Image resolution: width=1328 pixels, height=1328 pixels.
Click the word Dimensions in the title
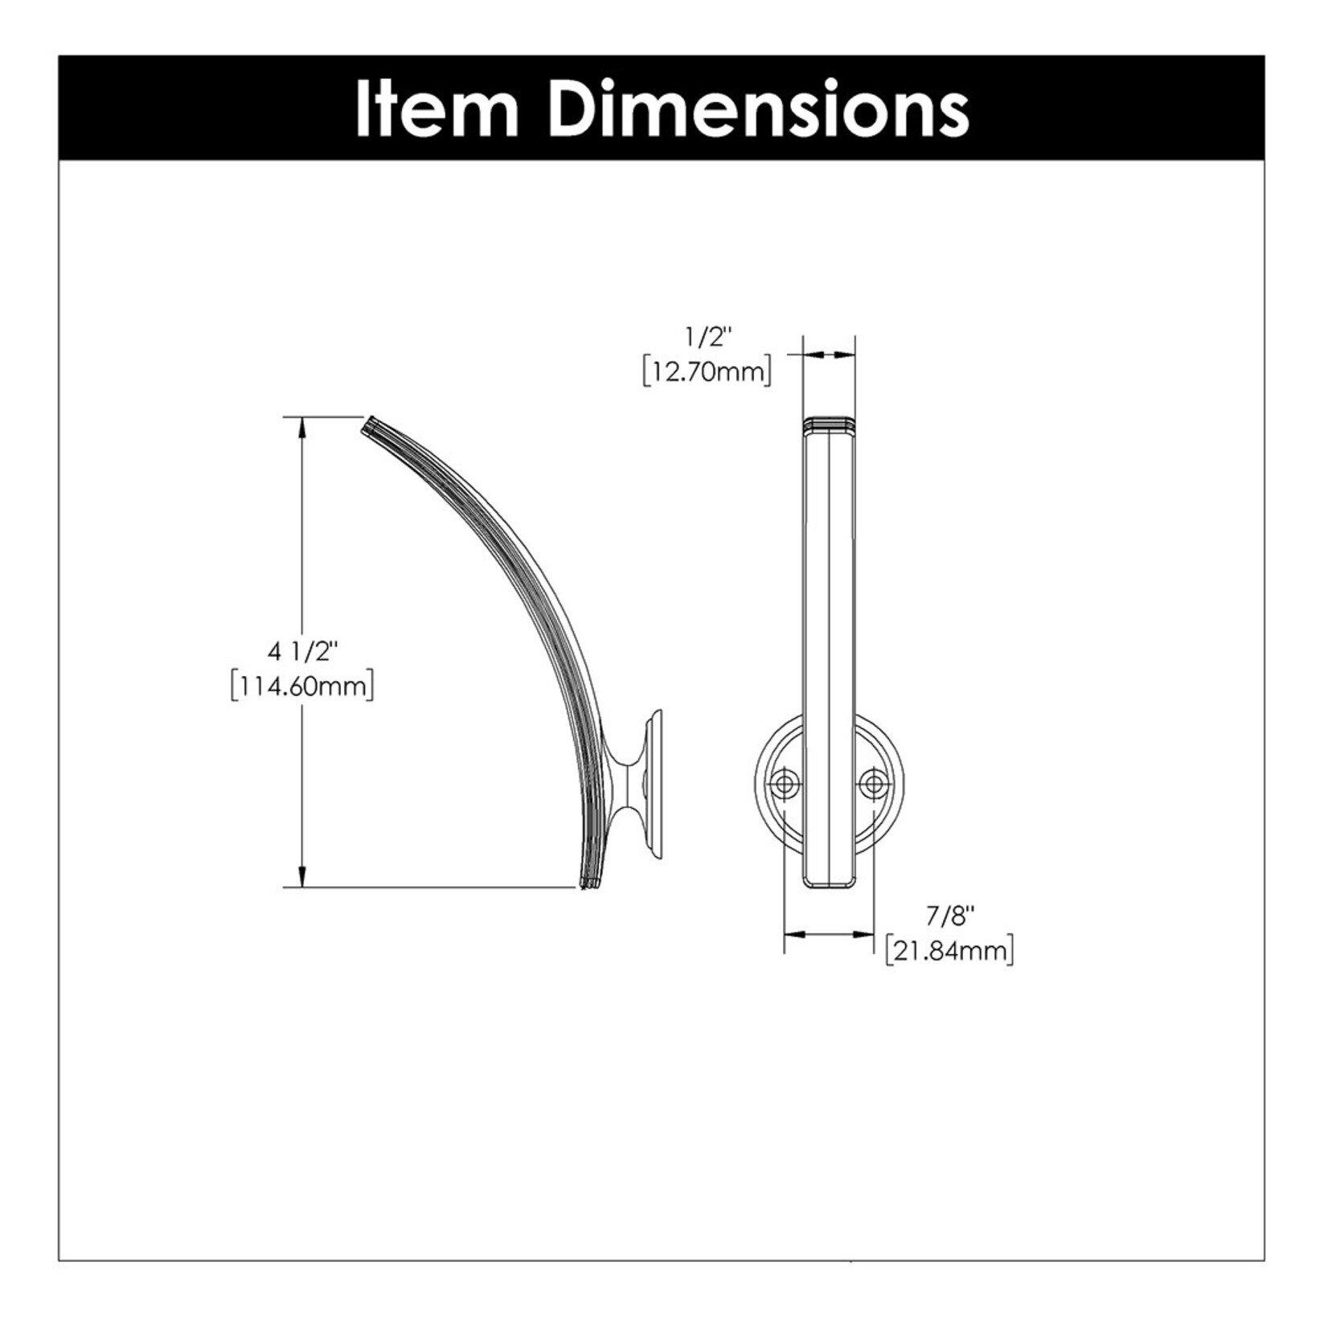click(760, 109)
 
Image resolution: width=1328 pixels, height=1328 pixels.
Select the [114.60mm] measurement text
click(301, 687)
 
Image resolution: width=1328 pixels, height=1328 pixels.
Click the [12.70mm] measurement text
click(707, 372)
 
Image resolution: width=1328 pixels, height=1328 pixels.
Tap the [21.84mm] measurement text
click(949, 951)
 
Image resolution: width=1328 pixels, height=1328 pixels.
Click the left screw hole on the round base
click(784, 783)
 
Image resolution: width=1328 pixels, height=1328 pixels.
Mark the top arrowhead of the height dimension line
click(303, 426)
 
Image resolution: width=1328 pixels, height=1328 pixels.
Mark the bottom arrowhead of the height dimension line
click(303, 878)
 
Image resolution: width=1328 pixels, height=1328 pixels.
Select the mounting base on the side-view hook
click(650, 785)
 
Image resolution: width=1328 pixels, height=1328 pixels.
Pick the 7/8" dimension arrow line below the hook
click(830, 934)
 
